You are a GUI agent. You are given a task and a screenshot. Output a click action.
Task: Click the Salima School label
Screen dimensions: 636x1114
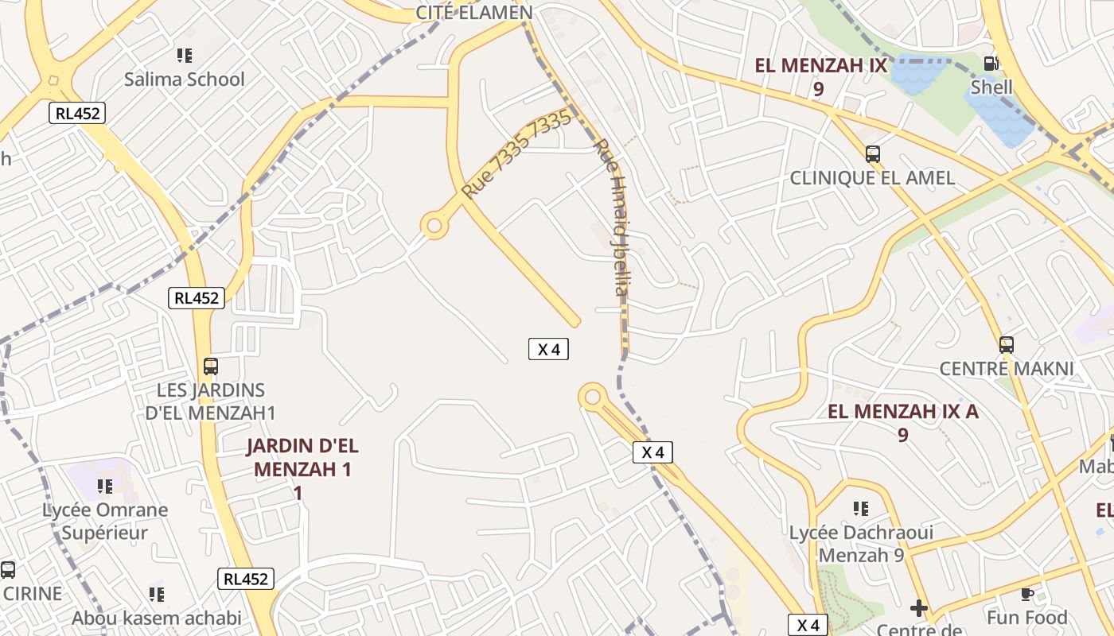pyautogui.click(x=185, y=79)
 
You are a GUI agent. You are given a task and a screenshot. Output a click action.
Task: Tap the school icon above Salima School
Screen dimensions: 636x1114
pyautogui.click(x=185, y=56)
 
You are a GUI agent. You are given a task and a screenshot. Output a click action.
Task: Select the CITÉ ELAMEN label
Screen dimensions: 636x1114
pyautogui.click(x=474, y=13)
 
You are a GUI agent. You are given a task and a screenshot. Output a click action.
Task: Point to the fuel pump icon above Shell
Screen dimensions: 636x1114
pyautogui.click(x=991, y=64)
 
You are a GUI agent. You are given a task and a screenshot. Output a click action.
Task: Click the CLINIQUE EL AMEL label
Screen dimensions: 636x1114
pyautogui.click(x=872, y=178)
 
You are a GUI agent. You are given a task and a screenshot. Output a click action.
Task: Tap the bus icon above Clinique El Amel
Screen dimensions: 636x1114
pyautogui.click(x=873, y=154)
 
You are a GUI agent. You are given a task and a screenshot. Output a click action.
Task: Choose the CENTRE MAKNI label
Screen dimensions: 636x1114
pyautogui.click(x=1007, y=369)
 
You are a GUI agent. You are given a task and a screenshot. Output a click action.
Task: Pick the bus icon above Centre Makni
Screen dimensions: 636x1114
pyautogui.click(x=1007, y=345)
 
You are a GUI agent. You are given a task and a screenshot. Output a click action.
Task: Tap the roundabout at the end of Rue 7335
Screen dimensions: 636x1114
pyautogui.click(x=434, y=226)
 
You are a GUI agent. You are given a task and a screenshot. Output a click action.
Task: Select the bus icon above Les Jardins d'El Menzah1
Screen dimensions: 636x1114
pyautogui.click(x=211, y=366)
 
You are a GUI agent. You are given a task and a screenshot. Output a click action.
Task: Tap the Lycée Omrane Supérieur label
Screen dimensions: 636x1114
pyautogui.click(x=105, y=522)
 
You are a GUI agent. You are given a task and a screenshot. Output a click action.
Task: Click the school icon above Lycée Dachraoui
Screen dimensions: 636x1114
pyautogui.click(x=860, y=508)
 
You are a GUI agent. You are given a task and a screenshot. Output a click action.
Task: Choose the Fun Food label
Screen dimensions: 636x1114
pyautogui.click(x=1027, y=618)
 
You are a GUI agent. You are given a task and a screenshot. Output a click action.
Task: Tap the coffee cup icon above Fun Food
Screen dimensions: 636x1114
pyautogui.click(x=1027, y=594)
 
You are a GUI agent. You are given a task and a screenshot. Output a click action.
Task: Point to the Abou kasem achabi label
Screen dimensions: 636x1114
pyautogui.click(x=157, y=619)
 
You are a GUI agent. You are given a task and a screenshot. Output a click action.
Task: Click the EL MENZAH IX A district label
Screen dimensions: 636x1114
pyautogui.click(x=903, y=412)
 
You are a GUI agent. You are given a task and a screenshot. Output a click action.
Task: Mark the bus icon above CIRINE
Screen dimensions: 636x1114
pyautogui.click(x=8, y=569)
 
